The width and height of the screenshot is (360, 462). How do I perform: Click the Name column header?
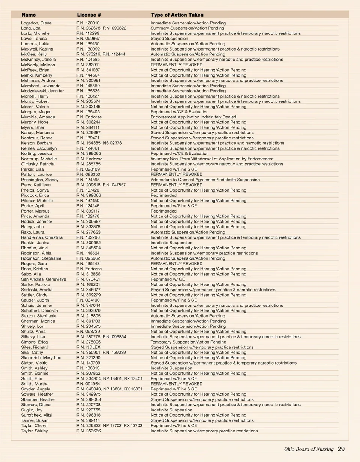click(29, 15)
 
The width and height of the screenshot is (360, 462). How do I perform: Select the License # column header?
click(89, 15)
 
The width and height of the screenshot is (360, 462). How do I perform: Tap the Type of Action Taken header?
click(177, 15)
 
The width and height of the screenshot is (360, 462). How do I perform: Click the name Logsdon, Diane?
click(36, 23)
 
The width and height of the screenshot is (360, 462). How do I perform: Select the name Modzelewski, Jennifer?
click(42, 91)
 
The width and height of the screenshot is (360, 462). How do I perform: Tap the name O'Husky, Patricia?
click(37, 164)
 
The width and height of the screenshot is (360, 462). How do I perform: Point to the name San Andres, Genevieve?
click(43, 279)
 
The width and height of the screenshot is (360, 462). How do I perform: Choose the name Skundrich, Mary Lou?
click(41, 358)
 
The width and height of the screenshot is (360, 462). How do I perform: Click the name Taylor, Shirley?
click(34, 431)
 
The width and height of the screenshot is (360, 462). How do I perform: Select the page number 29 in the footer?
click(341, 449)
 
